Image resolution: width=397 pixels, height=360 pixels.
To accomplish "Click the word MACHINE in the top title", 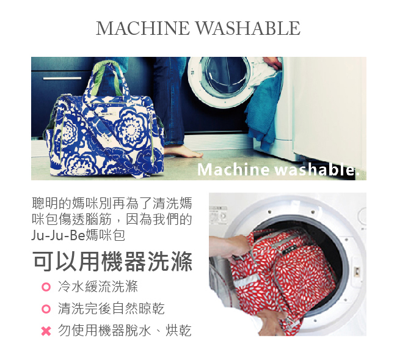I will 143,28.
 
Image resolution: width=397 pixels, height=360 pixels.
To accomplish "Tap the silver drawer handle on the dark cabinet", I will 62,78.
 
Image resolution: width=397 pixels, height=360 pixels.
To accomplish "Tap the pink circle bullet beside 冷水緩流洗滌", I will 45,287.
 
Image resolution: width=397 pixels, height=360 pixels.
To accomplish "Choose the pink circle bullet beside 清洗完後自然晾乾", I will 45,309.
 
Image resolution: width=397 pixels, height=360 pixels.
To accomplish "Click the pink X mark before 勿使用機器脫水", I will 45,331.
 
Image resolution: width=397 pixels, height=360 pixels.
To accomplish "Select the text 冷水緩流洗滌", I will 98,287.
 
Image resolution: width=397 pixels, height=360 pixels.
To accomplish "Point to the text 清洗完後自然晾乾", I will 111,309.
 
